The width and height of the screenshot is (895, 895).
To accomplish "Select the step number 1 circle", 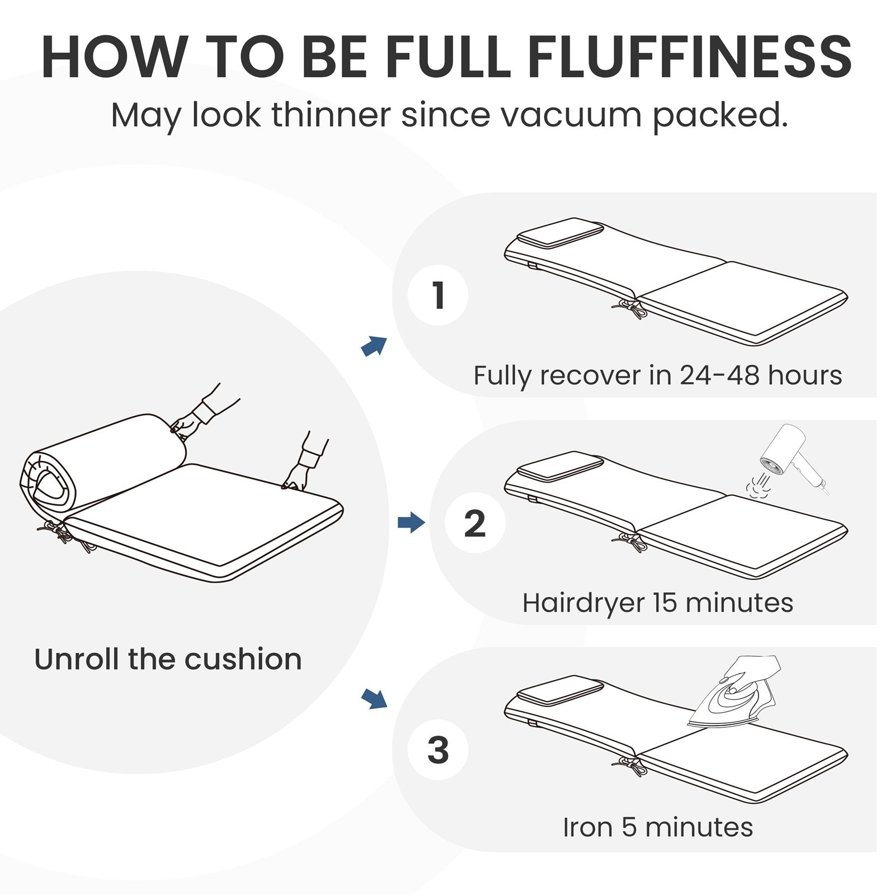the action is click(438, 295).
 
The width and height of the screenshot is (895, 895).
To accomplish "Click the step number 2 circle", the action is click(475, 523).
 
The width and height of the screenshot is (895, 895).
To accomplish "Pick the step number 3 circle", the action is click(438, 750).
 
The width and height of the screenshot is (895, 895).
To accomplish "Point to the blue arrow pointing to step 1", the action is click(374, 346).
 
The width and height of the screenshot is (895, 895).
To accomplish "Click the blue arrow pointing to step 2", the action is click(411, 523).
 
